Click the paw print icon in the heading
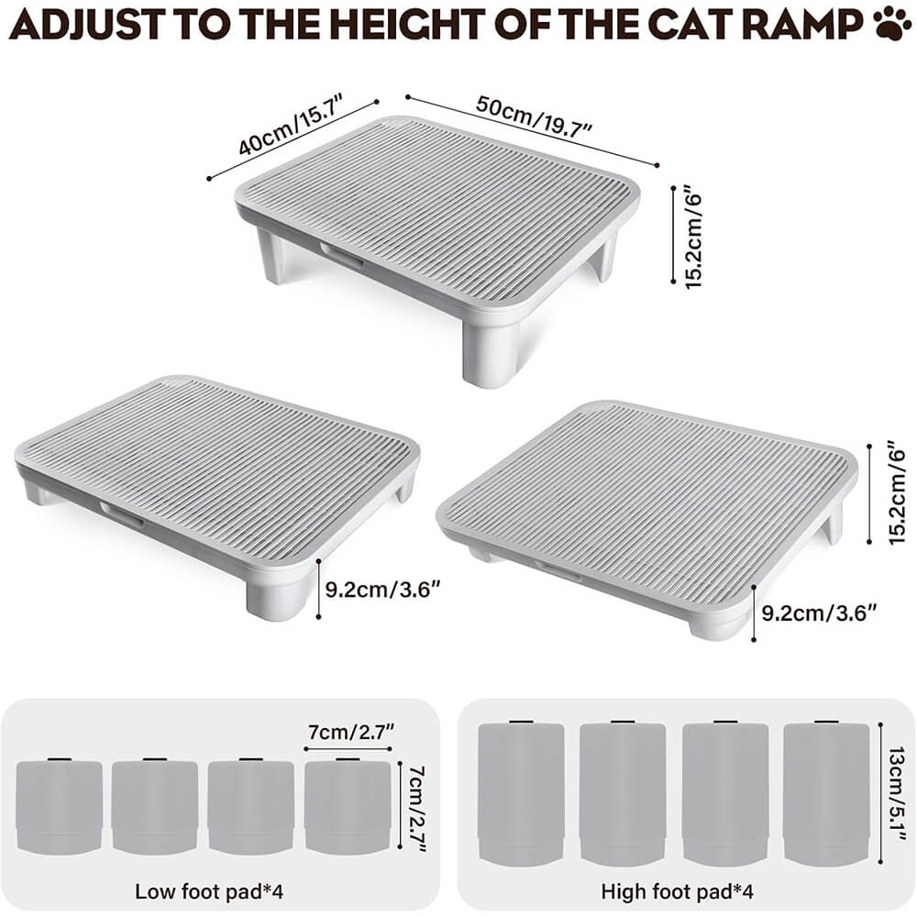click(x=892, y=24)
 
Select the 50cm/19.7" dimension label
click(x=534, y=116)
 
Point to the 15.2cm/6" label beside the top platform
click(x=692, y=237)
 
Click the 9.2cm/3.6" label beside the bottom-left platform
click(x=382, y=589)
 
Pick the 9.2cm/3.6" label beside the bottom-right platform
click(x=819, y=613)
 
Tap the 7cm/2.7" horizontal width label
click(x=351, y=731)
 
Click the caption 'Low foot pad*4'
click(x=209, y=891)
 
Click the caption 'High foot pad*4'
click(x=678, y=891)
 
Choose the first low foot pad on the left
click(x=59, y=806)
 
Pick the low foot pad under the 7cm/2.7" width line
click(x=348, y=806)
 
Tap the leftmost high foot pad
click(x=521, y=792)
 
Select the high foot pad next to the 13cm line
click(x=826, y=792)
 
